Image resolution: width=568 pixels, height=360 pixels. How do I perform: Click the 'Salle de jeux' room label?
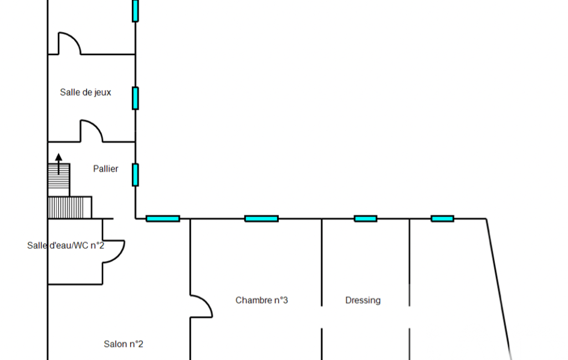point(85,92)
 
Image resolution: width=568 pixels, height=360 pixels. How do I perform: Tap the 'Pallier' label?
point(105,169)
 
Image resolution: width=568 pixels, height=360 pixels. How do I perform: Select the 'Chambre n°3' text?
point(262,300)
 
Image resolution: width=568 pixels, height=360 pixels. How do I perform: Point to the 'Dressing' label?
point(363,300)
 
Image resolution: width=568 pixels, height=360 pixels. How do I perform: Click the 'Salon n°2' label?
point(124,344)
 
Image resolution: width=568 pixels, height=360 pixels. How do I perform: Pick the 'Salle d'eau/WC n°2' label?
point(65,245)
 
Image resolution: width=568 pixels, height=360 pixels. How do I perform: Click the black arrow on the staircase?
point(59,164)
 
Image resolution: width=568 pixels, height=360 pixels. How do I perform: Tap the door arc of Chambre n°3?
point(203,306)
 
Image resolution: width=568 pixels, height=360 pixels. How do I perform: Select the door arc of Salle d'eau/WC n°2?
point(115,252)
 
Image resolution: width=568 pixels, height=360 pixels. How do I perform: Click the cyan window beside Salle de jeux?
point(135,98)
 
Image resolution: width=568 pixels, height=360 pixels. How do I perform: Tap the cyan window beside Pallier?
point(135,174)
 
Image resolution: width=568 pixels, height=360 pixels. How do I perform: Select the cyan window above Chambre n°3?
point(262,219)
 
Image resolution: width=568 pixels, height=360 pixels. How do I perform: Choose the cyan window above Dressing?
point(365,219)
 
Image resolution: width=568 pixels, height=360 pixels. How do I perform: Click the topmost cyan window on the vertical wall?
point(135,10)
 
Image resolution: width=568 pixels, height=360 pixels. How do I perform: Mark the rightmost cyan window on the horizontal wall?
point(442,219)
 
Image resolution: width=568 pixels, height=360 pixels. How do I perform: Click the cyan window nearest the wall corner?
point(163,219)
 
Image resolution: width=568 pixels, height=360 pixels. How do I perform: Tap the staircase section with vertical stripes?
point(70,208)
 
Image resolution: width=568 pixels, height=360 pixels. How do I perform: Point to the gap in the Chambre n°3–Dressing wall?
point(322,317)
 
